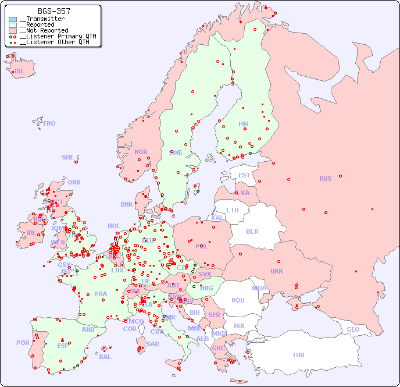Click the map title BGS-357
point(54,11)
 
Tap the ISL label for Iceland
point(20,72)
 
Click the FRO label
point(49,123)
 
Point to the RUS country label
point(325,179)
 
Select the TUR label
point(298,355)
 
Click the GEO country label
point(353,329)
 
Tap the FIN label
point(243,124)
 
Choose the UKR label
point(277,271)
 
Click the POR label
point(23,343)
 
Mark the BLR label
point(252,231)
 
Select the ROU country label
point(238,300)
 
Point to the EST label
point(244,175)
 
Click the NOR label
point(141,152)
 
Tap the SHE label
point(68,157)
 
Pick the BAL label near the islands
point(105,357)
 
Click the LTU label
point(233,210)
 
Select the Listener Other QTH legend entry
point(54,42)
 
